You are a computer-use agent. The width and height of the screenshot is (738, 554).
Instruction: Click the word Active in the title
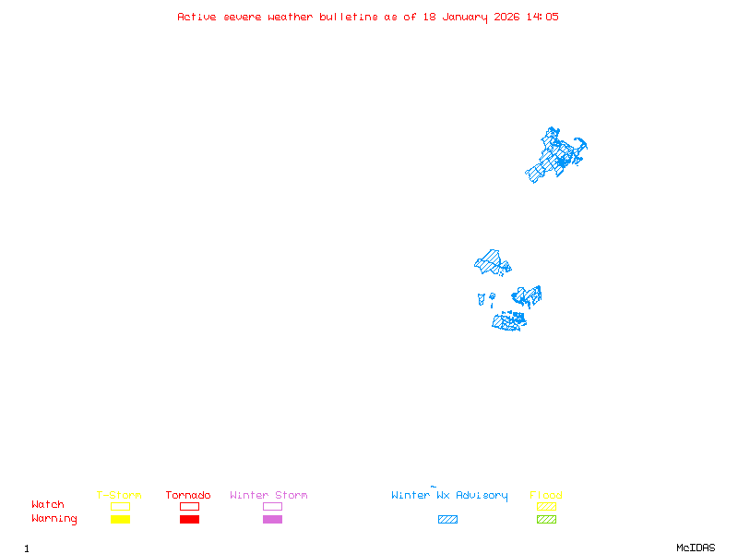click(x=197, y=17)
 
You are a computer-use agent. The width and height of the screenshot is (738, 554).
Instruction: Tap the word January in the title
click(x=467, y=17)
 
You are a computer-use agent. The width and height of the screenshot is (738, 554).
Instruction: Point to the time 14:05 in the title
click(x=542, y=17)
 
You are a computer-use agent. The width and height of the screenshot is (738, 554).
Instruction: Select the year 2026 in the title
click(x=507, y=17)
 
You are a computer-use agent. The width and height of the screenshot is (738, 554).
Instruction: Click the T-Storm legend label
click(x=119, y=495)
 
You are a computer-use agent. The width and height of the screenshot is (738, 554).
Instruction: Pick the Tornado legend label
click(x=188, y=495)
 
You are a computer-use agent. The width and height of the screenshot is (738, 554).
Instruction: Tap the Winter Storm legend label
click(x=268, y=495)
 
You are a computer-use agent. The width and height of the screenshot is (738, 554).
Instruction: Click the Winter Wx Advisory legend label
click(x=449, y=495)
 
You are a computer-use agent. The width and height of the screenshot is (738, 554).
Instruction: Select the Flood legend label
click(x=546, y=495)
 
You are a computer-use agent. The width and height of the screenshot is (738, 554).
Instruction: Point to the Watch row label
click(x=48, y=505)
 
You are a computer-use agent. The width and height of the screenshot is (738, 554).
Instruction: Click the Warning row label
click(x=54, y=519)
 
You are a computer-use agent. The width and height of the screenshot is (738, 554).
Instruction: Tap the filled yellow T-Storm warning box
click(x=120, y=519)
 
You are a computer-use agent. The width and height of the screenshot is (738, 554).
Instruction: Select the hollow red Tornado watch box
click(x=189, y=506)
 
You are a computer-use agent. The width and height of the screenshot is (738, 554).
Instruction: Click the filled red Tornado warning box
click(x=189, y=519)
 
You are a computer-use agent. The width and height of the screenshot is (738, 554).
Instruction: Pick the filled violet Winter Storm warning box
click(x=272, y=519)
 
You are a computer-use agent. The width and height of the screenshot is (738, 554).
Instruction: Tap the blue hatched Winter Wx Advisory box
click(x=447, y=519)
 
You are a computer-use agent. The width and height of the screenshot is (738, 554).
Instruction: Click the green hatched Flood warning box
click(x=546, y=519)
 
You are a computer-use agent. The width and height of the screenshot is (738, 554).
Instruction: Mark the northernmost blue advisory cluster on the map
click(x=556, y=154)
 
